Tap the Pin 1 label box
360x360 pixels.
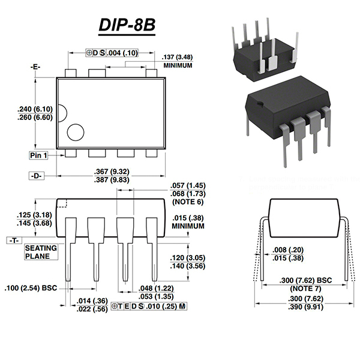click(38, 155)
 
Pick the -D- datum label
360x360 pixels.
click(38, 176)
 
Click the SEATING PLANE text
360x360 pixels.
click(41, 252)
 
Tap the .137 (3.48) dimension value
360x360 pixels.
click(178, 57)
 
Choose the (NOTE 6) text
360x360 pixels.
click(188, 202)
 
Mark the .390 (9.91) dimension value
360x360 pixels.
click(307, 308)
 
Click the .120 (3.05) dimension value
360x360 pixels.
click(188, 257)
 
